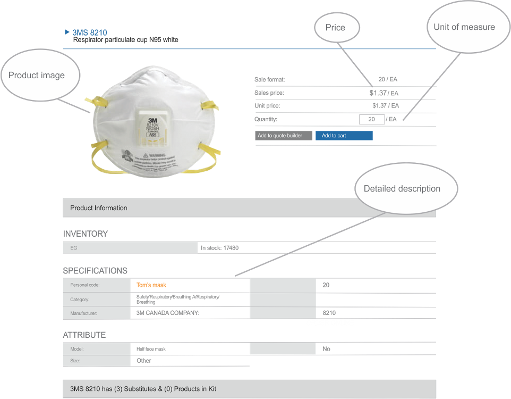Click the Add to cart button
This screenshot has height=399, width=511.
[344, 136]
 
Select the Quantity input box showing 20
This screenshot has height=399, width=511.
[372, 119]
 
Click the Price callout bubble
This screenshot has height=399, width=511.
[335, 28]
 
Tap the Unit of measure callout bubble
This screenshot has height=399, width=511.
[464, 27]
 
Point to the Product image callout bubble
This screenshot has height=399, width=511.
[37, 76]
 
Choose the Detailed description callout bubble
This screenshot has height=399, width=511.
[402, 189]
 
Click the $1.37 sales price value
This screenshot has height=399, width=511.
[378, 93]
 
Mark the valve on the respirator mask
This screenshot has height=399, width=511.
[152, 126]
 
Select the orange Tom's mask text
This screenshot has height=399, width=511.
[151, 285]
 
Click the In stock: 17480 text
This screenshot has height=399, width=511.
[219, 248]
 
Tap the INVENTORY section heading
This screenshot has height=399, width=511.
[86, 234]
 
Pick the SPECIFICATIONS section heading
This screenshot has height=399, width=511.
[95, 271]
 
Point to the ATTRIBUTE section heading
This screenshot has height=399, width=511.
[84, 335]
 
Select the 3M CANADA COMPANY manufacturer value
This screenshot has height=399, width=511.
[168, 313]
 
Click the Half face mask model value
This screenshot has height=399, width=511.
[151, 350]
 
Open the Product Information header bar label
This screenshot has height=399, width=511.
[99, 208]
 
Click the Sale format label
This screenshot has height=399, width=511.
[269, 80]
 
